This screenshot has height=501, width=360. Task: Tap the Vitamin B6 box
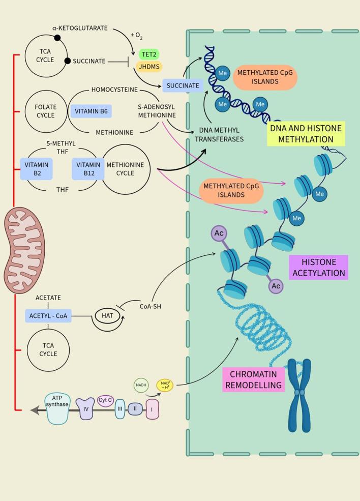(x=91, y=111)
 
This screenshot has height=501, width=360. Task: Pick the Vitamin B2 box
(x=36, y=168)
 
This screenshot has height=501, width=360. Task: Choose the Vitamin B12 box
(x=88, y=169)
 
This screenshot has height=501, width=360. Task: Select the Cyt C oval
(x=105, y=399)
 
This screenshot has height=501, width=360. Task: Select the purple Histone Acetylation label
(x=318, y=268)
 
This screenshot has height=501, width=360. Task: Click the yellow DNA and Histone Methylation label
(x=312, y=133)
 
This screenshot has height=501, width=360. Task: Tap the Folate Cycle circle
(x=46, y=111)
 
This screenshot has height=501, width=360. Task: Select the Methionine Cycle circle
(x=126, y=169)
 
